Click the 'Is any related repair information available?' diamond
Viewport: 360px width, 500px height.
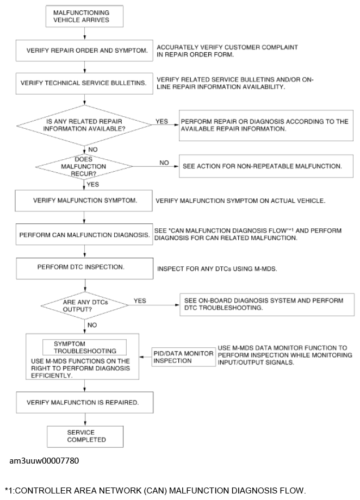pos(84,124)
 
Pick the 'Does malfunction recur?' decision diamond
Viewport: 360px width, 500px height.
pos(84,165)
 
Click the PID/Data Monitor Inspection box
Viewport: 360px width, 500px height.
pos(183,358)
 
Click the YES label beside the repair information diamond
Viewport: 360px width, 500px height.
pos(162,122)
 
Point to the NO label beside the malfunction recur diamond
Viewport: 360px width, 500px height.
pos(164,162)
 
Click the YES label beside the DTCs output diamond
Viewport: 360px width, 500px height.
pos(140,301)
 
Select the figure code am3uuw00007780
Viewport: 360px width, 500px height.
pos(44,461)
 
